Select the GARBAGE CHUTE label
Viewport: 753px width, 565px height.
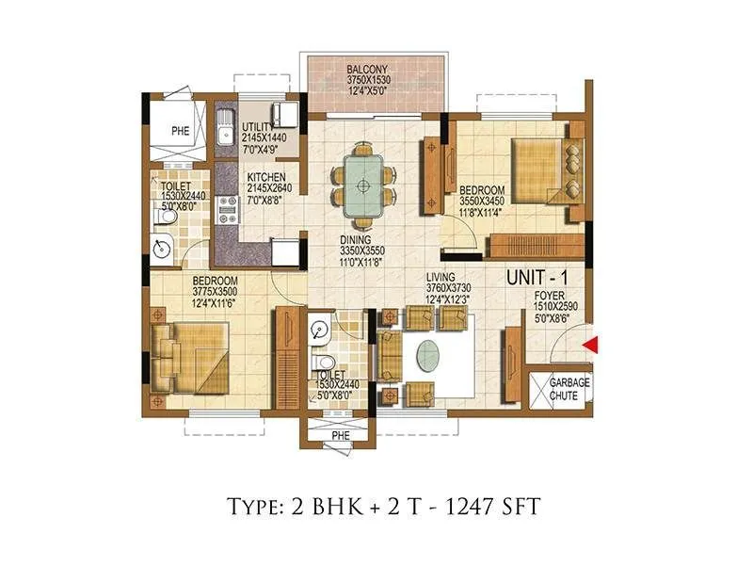569,389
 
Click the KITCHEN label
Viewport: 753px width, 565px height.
267,176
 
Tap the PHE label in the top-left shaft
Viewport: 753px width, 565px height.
180,133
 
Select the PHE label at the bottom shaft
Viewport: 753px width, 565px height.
340,434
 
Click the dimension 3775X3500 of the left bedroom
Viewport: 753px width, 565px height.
216,291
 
